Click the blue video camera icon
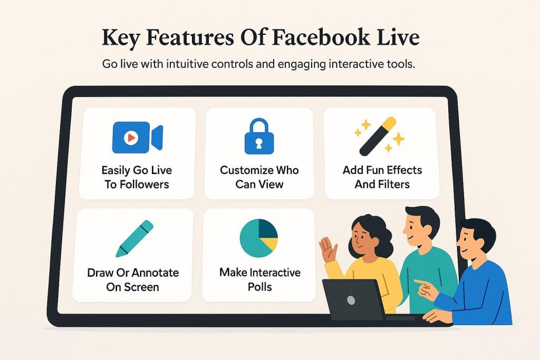point(137,138)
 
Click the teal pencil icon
point(134,238)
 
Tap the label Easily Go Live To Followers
point(137,177)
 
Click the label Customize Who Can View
point(259,177)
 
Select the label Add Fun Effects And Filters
point(381,177)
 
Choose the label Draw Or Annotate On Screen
point(133,280)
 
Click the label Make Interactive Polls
point(259,279)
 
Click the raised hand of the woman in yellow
point(327,249)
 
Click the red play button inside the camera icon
point(130,138)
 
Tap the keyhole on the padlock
point(259,142)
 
